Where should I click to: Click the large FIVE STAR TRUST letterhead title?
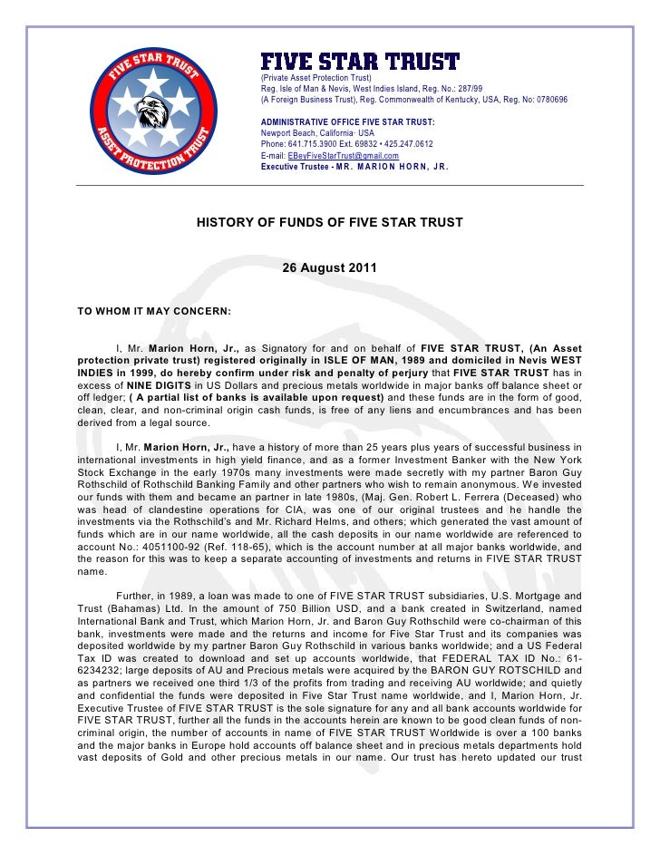(x=360, y=62)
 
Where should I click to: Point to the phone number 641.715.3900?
(x=313, y=144)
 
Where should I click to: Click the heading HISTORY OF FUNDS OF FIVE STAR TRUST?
(x=330, y=222)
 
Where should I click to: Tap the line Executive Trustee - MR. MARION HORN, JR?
(x=354, y=167)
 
